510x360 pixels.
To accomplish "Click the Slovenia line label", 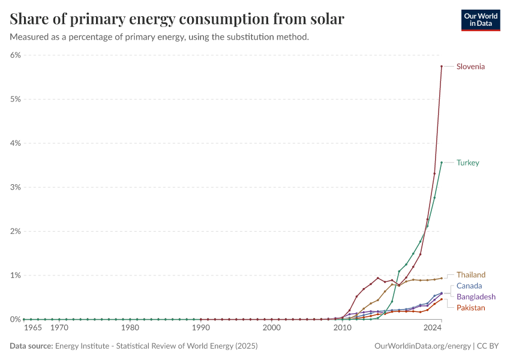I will point(470,67).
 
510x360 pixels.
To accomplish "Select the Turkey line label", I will point(467,163).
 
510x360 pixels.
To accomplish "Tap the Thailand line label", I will point(471,275).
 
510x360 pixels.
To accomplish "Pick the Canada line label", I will point(469,286).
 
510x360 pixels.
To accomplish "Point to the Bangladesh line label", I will point(476,297).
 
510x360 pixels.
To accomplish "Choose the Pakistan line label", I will point(471,308).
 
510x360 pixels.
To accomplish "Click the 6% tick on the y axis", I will point(15,55).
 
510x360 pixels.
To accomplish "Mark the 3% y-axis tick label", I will point(15,187).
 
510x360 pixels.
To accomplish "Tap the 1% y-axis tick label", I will point(15,275).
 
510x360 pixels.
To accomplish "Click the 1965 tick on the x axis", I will point(32,328).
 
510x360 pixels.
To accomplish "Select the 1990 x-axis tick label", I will point(201,328).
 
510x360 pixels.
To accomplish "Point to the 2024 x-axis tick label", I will point(433,328).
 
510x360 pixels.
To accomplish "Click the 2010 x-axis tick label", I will point(343,328).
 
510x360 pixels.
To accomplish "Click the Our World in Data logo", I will point(480,20).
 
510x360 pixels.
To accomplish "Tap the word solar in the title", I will point(326,19).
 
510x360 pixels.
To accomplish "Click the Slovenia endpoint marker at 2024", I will point(442,67).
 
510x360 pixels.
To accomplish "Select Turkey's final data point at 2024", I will point(442,163).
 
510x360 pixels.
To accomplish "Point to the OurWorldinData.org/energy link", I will point(422,346).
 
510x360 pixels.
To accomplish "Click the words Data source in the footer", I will point(31,346).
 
